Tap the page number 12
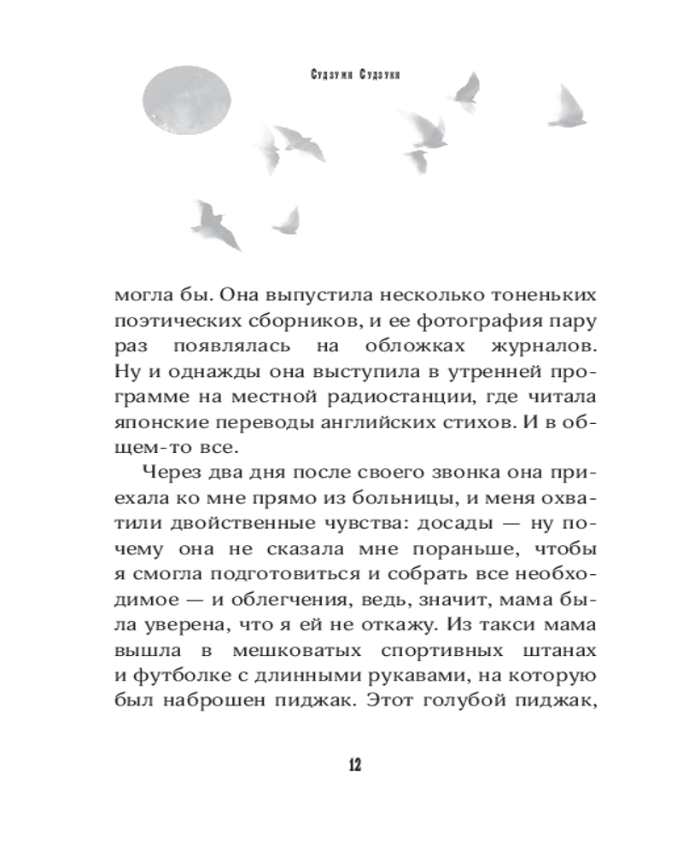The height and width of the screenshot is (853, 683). (x=354, y=764)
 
